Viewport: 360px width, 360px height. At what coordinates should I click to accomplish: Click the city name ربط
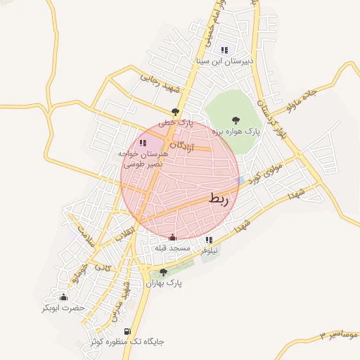pyautogui.click(x=219, y=200)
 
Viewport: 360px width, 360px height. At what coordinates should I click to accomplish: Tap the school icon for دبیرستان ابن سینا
pyautogui.click(x=224, y=50)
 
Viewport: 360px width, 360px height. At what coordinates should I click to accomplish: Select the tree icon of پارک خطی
pyautogui.click(x=176, y=111)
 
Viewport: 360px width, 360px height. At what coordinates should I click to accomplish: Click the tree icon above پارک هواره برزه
pyautogui.click(x=235, y=120)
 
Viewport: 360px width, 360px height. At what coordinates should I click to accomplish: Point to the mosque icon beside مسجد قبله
pyautogui.click(x=173, y=237)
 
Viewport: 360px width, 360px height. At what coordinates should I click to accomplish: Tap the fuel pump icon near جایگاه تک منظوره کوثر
pyautogui.click(x=127, y=331)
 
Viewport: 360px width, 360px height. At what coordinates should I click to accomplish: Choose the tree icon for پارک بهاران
pyautogui.click(x=164, y=272)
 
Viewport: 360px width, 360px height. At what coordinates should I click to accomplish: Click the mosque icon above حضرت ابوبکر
pyautogui.click(x=64, y=297)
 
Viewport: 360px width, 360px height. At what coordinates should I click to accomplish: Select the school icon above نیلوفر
pyautogui.click(x=209, y=240)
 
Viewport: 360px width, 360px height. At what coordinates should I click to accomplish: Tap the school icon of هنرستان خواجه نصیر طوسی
pyautogui.click(x=143, y=143)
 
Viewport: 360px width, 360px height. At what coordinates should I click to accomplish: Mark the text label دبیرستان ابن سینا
pyautogui.click(x=224, y=61)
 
